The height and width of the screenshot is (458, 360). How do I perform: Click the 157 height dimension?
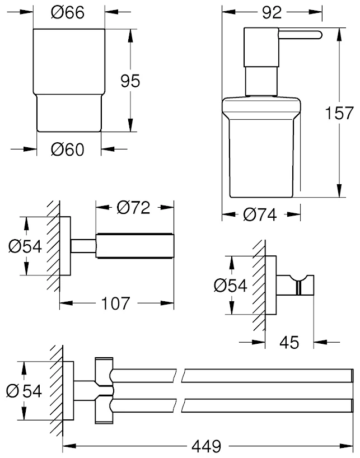coord(340,114)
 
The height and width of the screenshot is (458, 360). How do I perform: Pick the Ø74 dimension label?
coord(261,214)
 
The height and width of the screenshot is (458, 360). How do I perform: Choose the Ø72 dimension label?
coord(134,208)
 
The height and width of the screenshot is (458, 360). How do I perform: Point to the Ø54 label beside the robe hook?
coord(230,286)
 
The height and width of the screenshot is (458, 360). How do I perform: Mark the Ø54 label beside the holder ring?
coord(26,246)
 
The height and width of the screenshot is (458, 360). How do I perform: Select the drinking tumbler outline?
coord(69,78)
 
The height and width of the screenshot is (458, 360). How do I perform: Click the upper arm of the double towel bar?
coord(235,374)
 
